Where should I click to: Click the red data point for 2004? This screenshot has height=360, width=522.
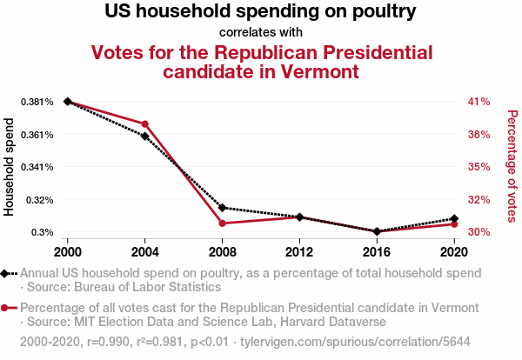point(145,123)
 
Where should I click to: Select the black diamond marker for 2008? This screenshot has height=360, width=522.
point(223,208)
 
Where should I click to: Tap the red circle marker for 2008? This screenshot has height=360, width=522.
point(223,223)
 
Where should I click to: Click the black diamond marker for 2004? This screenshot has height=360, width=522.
point(145,137)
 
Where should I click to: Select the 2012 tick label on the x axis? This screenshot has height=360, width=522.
point(299,251)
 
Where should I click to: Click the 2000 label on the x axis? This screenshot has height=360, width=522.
point(68,251)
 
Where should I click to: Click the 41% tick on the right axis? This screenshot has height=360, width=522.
point(479,102)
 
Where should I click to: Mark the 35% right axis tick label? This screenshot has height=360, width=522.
point(479,167)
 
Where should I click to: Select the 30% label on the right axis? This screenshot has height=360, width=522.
point(479,232)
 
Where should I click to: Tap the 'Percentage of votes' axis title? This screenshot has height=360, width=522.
point(512,165)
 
